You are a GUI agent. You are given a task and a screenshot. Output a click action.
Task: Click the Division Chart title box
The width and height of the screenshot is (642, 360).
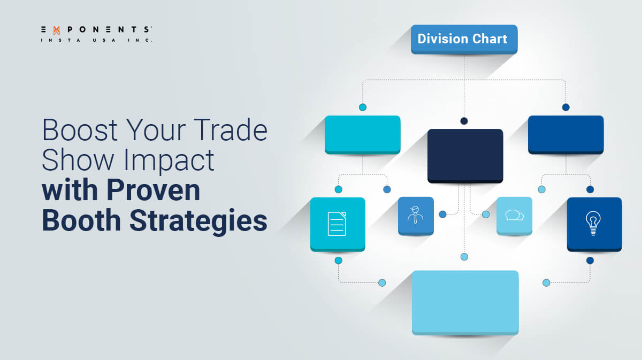(464, 39)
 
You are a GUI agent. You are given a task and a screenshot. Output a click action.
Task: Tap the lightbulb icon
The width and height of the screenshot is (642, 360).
(593, 223)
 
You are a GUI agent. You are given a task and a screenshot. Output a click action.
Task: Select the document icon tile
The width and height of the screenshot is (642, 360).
(337, 223)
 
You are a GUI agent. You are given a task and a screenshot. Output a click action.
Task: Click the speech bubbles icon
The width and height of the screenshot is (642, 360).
(514, 216)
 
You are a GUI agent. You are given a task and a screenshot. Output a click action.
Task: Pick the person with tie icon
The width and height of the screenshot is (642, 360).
(416, 215)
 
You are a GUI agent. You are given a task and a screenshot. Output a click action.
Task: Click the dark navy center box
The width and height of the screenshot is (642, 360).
(465, 155)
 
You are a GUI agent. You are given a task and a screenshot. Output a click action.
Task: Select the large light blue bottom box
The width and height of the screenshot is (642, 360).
(465, 302)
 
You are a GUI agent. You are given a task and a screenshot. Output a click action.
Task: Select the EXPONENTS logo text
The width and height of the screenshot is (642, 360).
(96, 30)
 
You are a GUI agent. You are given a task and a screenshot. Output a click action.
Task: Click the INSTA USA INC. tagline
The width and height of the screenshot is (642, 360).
(96, 40)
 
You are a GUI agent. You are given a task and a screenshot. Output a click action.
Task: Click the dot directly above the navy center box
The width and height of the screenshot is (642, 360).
(464, 121)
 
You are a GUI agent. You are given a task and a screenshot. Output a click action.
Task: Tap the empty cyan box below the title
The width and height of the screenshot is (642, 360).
(362, 134)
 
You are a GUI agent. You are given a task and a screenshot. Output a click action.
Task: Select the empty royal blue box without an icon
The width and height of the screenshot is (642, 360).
(565, 134)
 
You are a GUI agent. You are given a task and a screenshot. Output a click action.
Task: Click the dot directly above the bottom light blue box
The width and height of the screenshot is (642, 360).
(464, 257)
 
